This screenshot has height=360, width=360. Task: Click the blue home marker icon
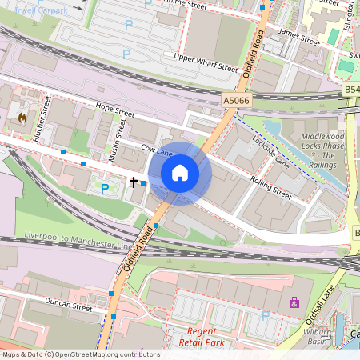point(180,173)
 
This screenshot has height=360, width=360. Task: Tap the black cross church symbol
point(134,182)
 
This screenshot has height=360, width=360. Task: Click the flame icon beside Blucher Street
point(22,118)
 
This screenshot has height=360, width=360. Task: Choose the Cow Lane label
point(156,150)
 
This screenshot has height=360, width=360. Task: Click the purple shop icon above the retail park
point(294,302)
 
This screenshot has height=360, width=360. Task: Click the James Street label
point(298,36)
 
